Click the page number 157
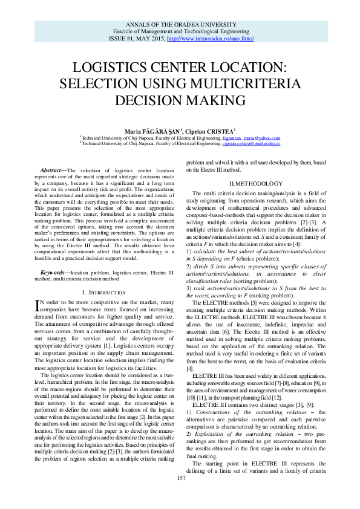point(180,494)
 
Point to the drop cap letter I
point(40,304)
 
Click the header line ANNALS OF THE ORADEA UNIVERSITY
point(180,24)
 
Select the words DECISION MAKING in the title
point(180,99)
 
